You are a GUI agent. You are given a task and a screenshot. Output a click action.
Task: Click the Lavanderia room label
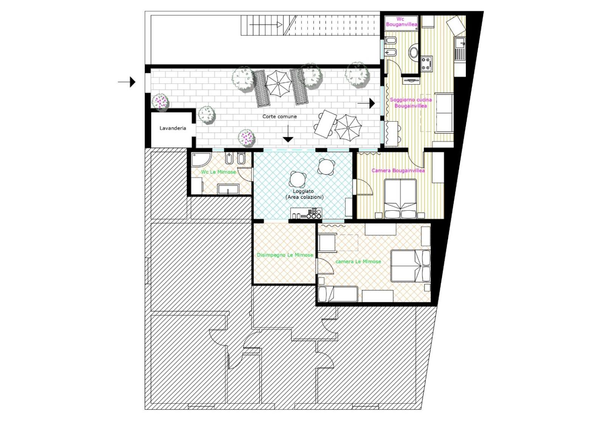[172, 128]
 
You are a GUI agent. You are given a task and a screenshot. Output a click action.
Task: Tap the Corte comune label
[279, 117]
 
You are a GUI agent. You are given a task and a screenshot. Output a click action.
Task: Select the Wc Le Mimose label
[218, 172]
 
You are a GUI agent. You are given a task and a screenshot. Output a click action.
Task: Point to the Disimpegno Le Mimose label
[285, 255]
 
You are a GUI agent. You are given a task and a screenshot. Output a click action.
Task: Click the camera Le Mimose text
[358, 261]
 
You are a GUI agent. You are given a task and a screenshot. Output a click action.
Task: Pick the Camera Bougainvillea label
[398, 171]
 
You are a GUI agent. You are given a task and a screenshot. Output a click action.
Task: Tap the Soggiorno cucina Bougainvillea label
[411, 103]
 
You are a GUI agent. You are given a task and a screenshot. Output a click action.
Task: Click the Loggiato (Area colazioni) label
[303, 194]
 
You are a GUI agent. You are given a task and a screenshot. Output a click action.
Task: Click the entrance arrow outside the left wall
[127, 82]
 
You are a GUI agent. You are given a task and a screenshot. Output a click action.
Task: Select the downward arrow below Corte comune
[288, 134]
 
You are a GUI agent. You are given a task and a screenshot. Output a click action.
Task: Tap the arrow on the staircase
[266, 25]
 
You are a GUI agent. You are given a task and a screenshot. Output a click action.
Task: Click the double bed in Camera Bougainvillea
[400, 199]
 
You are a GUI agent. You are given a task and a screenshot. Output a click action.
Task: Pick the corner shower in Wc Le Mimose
[201, 159]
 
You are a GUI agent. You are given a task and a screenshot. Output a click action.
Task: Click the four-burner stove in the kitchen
[427, 64]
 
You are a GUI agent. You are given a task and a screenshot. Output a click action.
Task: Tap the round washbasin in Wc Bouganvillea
[414, 52]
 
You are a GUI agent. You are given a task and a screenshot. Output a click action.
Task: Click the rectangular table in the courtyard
[326, 124]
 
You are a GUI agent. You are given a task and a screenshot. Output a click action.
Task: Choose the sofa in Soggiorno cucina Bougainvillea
[444, 113]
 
